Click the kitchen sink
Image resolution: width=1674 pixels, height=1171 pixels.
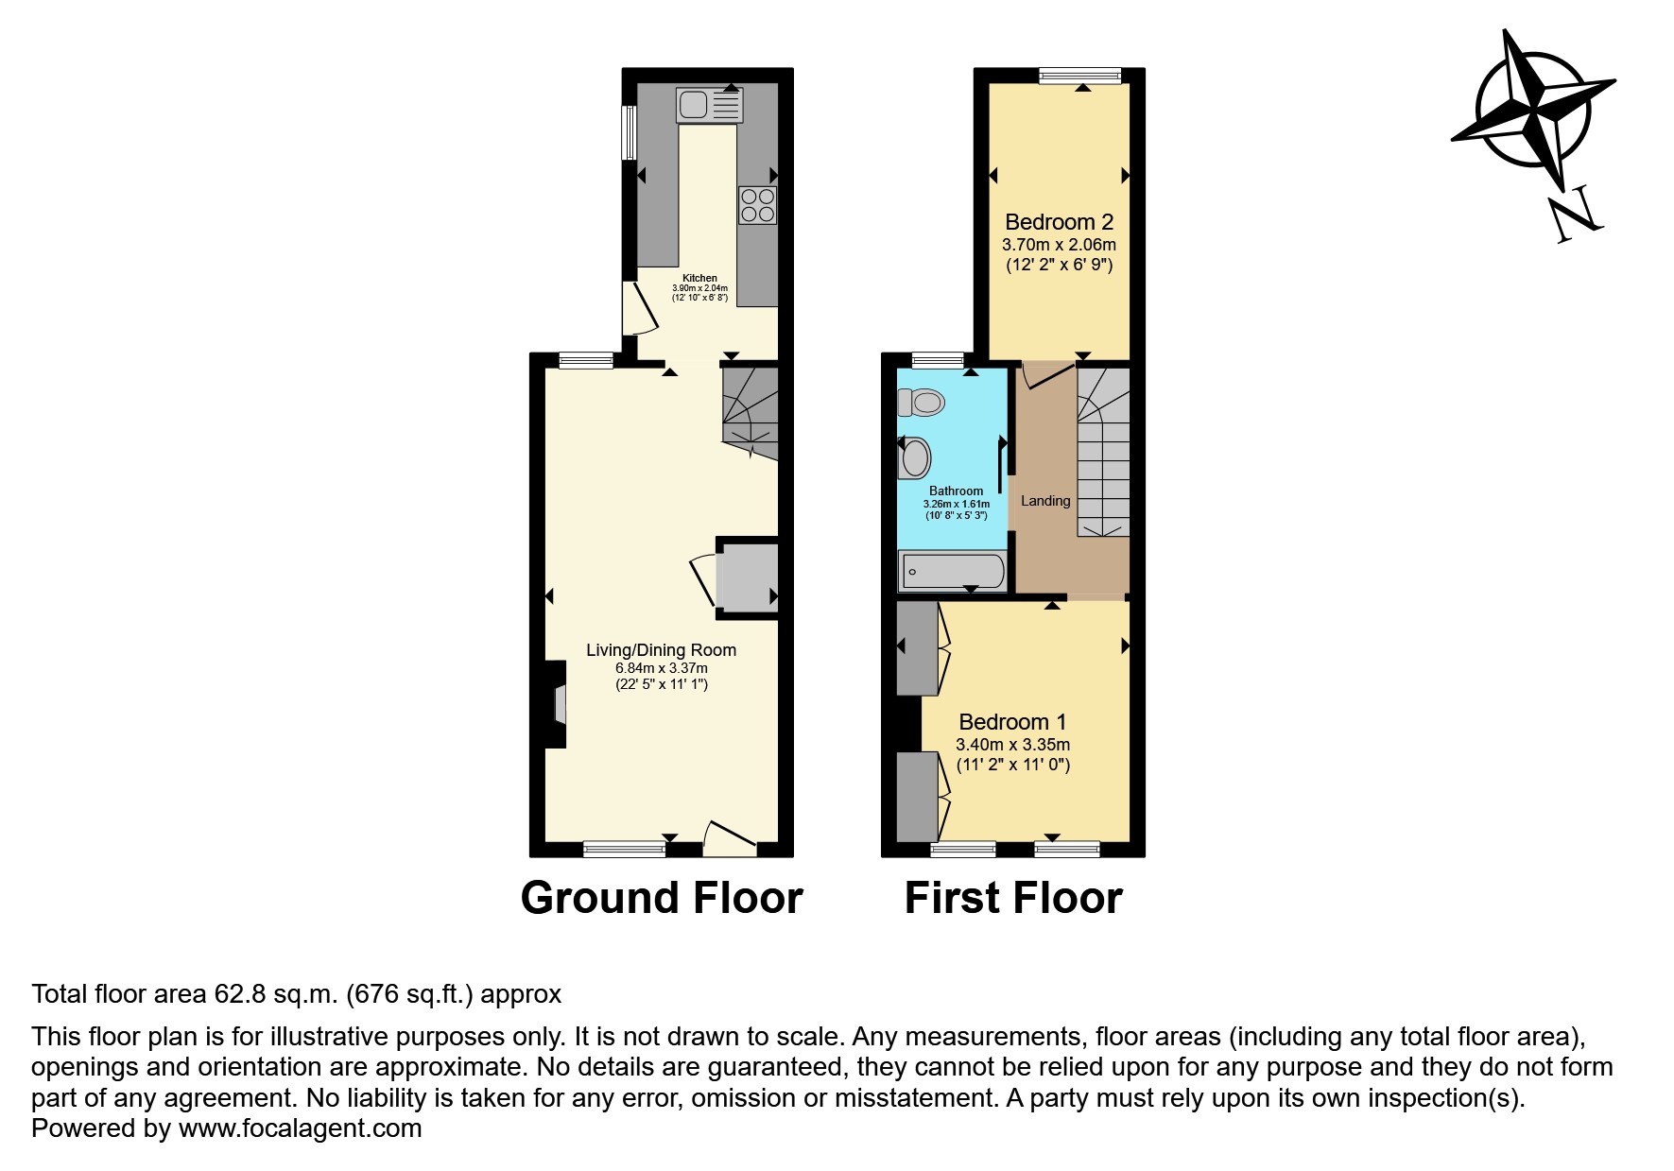(x=709, y=105)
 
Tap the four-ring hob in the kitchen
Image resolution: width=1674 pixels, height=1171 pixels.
(x=757, y=205)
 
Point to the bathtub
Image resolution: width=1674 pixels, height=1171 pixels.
(x=952, y=572)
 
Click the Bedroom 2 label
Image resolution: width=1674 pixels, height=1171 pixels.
(x=1059, y=222)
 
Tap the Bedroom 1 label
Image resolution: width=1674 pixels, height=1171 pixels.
(x=1012, y=722)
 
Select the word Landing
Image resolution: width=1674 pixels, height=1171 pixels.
(x=1045, y=501)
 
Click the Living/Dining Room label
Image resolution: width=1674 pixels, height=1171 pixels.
(x=662, y=650)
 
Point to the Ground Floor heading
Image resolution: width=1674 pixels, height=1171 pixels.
(x=662, y=898)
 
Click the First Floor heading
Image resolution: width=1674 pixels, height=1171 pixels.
(x=1013, y=898)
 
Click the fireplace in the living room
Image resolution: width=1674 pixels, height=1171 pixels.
(x=557, y=704)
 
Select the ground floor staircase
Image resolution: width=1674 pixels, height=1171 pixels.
(x=751, y=413)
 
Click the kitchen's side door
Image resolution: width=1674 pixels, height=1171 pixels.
(x=639, y=308)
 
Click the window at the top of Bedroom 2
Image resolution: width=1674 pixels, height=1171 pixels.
(x=1079, y=77)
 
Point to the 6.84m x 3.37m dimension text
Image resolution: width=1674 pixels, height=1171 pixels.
(x=662, y=668)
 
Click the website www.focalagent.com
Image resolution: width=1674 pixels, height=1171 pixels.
(x=300, y=1128)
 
